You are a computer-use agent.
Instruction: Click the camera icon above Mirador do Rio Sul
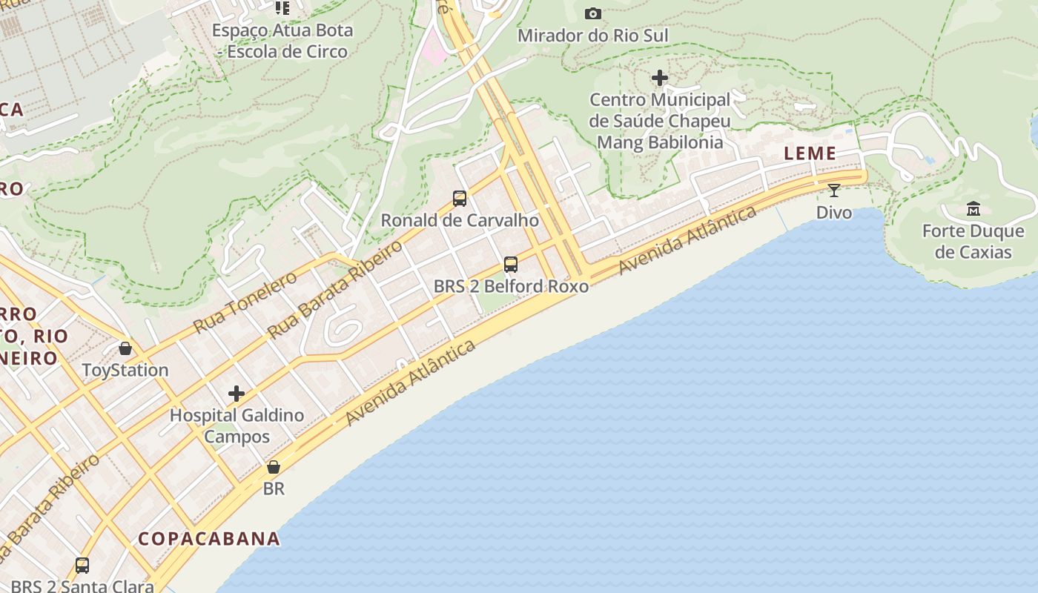point(592,13)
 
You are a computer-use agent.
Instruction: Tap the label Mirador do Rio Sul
point(592,36)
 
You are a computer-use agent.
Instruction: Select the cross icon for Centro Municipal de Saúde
point(659,78)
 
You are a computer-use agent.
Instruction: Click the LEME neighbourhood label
point(810,153)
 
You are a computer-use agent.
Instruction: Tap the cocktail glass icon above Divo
point(834,191)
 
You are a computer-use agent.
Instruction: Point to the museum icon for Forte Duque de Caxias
point(973,209)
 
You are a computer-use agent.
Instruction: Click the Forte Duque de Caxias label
point(973,242)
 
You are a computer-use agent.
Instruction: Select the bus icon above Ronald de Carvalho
point(460,199)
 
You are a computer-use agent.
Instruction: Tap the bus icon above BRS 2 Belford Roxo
point(511,265)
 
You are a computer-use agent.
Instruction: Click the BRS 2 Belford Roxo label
point(511,286)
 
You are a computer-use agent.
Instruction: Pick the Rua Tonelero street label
point(245,302)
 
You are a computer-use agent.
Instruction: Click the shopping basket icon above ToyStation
point(125,348)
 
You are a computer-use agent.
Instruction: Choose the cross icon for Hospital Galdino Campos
point(237,394)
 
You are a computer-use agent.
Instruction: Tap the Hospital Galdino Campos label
point(237,425)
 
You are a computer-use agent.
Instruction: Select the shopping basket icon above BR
point(274,467)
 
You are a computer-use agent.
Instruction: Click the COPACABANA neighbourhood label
point(210,539)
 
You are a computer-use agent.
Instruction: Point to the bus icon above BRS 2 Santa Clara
point(82,566)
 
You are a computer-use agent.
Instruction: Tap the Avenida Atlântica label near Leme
point(687,241)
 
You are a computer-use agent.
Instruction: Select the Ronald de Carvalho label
point(460,220)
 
